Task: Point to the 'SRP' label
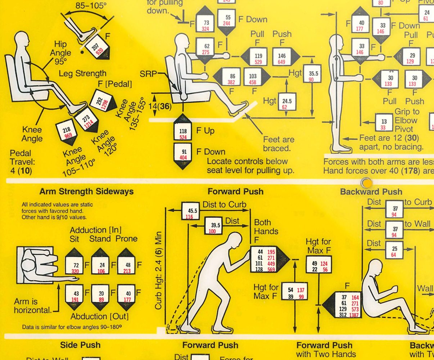(148, 74)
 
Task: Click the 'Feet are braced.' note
(279, 144)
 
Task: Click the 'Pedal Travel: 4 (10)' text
(21, 162)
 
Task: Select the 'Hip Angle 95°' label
(63, 53)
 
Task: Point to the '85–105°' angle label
(89, 6)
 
